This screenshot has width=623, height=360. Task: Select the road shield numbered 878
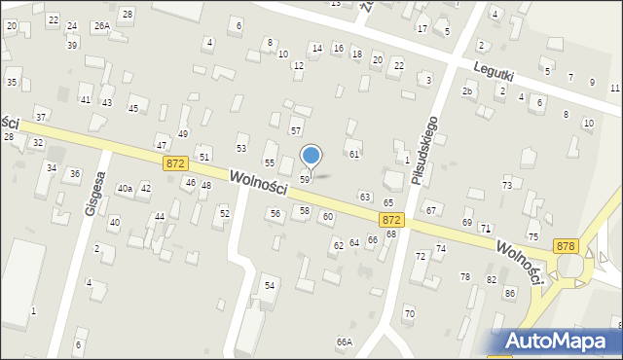click(x=566, y=247)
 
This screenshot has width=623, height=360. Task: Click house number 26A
click(x=101, y=26)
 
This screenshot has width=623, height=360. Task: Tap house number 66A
click(x=344, y=342)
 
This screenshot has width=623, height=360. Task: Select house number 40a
click(x=125, y=189)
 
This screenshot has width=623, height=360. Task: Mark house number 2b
click(x=468, y=91)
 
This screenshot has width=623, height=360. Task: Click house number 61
click(x=355, y=155)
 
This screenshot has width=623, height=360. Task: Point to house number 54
click(x=270, y=285)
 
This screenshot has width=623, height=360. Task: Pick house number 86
click(x=509, y=293)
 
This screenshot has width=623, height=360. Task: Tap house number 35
click(x=12, y=82)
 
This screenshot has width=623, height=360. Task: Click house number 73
click(x=507, y=186)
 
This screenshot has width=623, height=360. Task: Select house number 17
click(x=421, y=29)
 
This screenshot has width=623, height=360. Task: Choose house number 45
click(x=134, y=108)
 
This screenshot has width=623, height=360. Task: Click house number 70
click(x=409, y=313)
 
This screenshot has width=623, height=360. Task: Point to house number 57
click(x=296, y=130)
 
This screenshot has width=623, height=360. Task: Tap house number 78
click(x=465, y=277)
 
